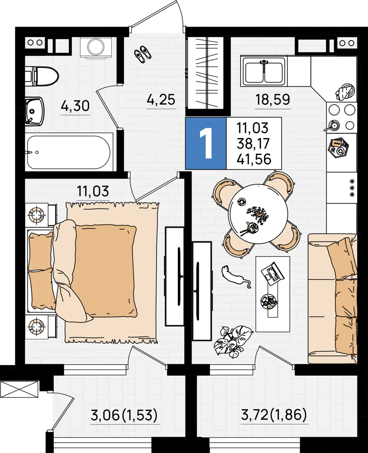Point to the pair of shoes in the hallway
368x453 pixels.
[143, 54]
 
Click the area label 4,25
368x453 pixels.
[161, 100]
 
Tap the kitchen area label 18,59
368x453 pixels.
[272, 99]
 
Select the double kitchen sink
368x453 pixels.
[264, 71]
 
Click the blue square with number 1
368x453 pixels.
[206, 143]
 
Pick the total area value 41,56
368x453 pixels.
[254, 159]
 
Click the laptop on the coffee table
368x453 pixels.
[272, 272]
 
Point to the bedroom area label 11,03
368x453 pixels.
[93, 191]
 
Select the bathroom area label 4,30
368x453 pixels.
[75, 106]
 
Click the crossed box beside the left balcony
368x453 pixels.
[19, 389]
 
